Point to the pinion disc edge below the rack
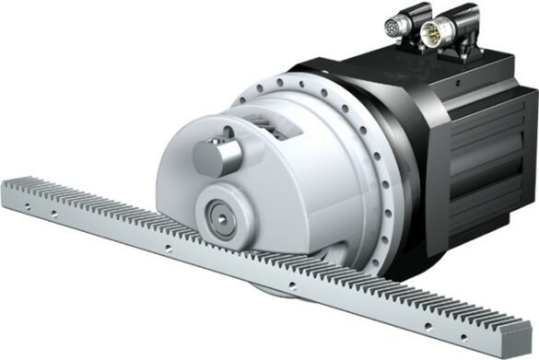(276, 293)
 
